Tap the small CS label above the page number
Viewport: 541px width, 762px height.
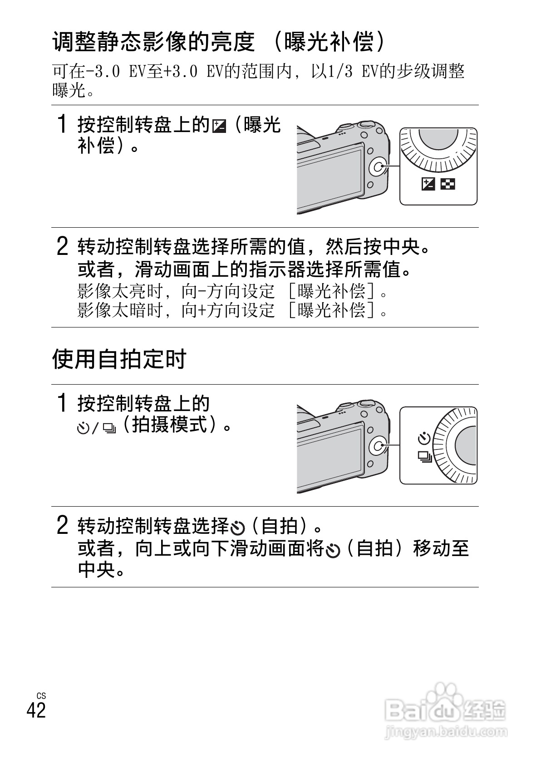click(x=41, y=696)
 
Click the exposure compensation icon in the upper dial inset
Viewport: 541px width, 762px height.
click(x=428, y=184)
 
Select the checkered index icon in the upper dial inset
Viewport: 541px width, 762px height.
click(x=448, y=184)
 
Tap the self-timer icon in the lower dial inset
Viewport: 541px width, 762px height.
click(x=424, y=438)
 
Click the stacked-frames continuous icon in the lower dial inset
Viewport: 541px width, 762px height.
click(x=425, y=456)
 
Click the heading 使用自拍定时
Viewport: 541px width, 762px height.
click(x=119, y=359)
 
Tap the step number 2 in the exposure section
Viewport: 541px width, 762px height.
click(x=62, y=246)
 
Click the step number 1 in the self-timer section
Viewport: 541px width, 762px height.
click(x=62, y=402)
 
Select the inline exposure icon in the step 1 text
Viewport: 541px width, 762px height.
click(x=219, y=126)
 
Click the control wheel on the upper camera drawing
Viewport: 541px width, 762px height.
click(x=379, y=167)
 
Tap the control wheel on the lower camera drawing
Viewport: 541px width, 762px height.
click(x=379, y=445)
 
